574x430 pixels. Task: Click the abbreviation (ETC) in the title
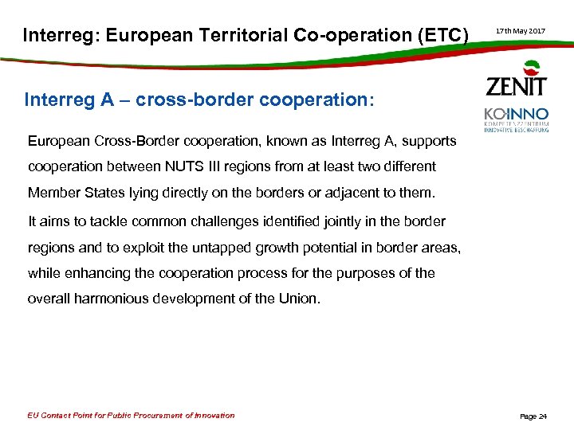pyautogui.click(x=438, y=35)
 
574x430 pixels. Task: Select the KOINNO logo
pyautogui.click(x=517, y=119)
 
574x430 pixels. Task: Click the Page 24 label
pyautogui.click(x=533, y=416)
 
